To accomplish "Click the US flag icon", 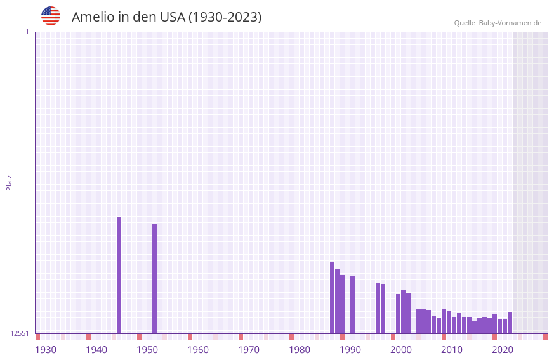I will click(x=51, y=16).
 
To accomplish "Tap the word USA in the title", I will click(x=173, y=17).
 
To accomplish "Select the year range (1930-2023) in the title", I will click(x=225, y=17).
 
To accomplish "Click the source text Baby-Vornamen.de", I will click(x=510, y=23).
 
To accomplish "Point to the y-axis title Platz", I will click(x=9, y=182).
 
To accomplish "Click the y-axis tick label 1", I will click(x=27, y=32).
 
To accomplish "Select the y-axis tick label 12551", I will click(x=20, y=333).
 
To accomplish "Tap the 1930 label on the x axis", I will click(x=46, y=350).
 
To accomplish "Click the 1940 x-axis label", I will click(x=96, y=350).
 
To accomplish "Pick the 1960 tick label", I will click(x=198, y=350).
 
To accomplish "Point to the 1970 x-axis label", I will click(x=249, y=350).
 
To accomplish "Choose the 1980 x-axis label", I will click(x=300, y=350).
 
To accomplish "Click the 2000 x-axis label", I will click(x=401, y=350).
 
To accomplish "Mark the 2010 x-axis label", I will click(x=452, y=350).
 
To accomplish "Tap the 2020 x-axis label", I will click(x=503, y=350).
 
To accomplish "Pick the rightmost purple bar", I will click(x=510, y=323).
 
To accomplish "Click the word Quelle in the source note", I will click(x=465, y=23).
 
